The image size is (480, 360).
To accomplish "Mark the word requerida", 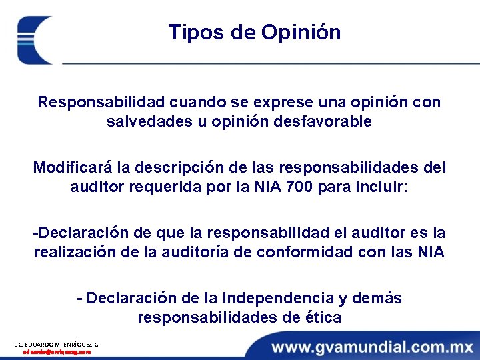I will [x=171, y=187].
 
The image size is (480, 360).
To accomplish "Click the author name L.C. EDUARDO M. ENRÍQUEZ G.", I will [x=57, y=344].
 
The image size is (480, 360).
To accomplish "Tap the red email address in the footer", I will [x=57, y=351].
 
